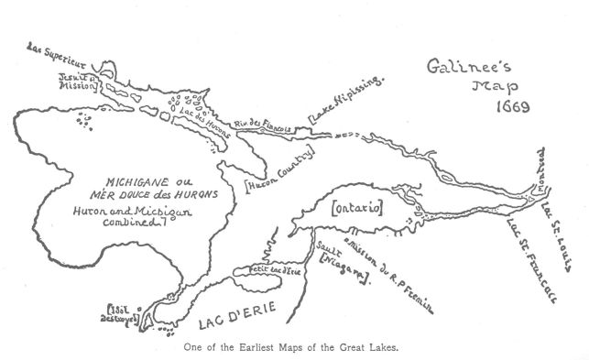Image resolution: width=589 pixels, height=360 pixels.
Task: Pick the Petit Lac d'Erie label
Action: tap(256, 270)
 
